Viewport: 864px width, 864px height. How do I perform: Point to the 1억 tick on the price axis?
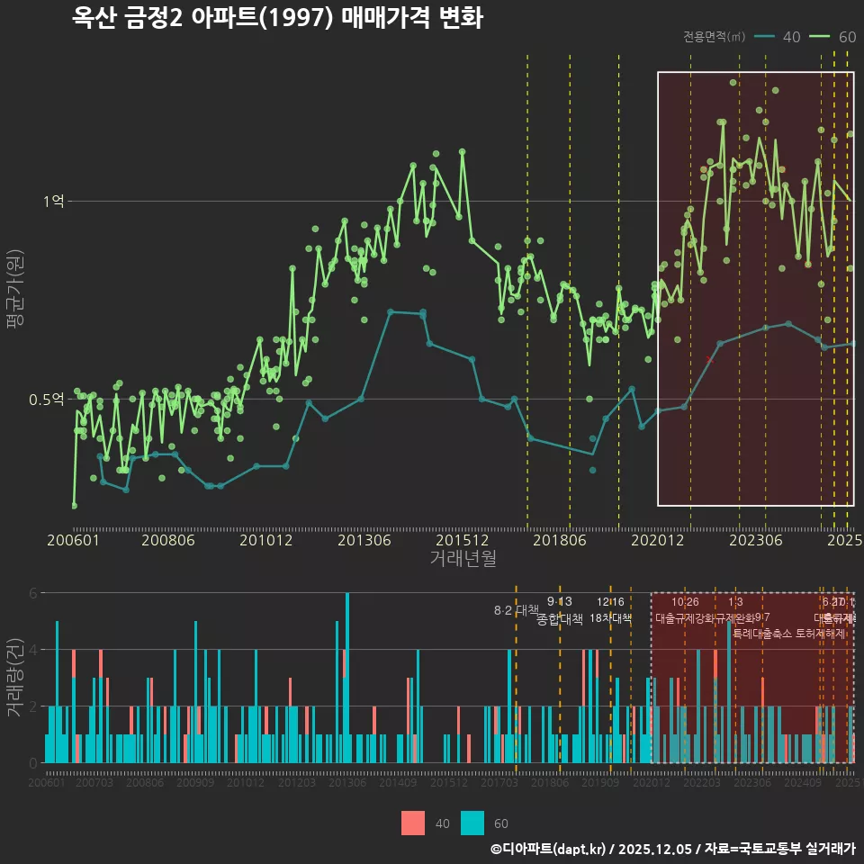click(x=54, y=202)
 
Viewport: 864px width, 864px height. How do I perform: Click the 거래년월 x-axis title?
click(x=463, y=559)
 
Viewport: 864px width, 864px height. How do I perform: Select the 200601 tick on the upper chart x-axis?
click(x=73, y=540)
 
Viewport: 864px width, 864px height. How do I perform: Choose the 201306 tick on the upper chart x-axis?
click(x=364, y=540)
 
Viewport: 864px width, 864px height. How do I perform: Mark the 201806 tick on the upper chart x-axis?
click(x=559, y=540)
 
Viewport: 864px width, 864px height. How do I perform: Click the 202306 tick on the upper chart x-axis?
click(x=754, y=540)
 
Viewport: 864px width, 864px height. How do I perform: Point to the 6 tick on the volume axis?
click(x=33, y=593)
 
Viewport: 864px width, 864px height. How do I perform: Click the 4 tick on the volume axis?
click(x=33, y=649)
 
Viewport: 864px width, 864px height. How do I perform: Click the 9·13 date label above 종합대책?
click(x=559, y=602)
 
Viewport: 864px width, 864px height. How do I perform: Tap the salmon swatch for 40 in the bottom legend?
click(x=413, y=823)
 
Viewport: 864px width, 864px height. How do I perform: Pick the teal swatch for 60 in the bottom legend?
click(x=472, y=823)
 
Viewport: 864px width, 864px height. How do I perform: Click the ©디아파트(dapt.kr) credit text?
click(x=548, y=849)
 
